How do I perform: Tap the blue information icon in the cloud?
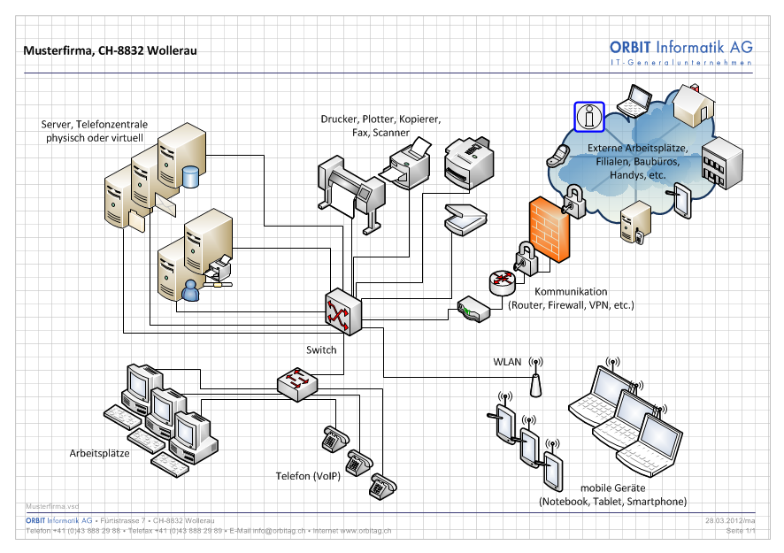[588, 116]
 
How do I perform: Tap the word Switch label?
[321, 349]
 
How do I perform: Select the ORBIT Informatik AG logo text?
[680, 47]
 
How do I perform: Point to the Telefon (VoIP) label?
[308, 477]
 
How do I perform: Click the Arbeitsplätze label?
[100, 453]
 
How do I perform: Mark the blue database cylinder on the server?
[190, 176]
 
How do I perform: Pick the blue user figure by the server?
[189, 289]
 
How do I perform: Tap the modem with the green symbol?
[473, 311]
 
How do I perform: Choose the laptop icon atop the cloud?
[634, 101]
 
